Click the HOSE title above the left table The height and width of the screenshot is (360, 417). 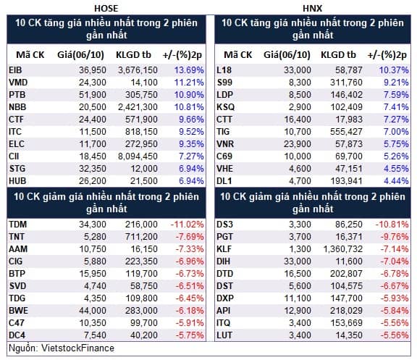tap(106, 8)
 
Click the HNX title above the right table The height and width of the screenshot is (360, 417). tap(312, 8)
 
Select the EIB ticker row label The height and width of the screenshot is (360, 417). tap(15, 70)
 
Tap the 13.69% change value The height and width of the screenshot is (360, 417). tap(189, 70)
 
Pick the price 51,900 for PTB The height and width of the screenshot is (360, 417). tap(93, 95)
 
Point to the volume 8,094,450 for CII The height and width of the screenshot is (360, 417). tap(138, 156)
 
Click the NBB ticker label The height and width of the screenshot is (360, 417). tap(17, 107)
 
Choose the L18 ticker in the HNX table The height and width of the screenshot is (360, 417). tap(224, 70)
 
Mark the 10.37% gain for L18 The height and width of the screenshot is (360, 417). tap(394, 70)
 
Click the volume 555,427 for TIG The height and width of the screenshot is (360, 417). tap(346, 132)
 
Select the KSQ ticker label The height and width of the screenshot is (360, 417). tap(226, 107)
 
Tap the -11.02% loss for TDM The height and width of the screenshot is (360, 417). tap(188, 225)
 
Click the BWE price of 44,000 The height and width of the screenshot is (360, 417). tap(93, 311)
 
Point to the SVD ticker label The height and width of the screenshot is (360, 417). tap(17, 286)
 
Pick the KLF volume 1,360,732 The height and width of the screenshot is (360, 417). tap(343, 249)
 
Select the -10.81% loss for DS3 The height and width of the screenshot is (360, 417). tap(392, 225)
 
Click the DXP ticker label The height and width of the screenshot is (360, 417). tap(225, 298)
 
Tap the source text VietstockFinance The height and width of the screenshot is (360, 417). tap(77, 348)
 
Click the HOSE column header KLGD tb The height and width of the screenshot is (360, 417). tap(133, 55)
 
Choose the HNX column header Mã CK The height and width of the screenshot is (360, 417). tap(237, 55)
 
